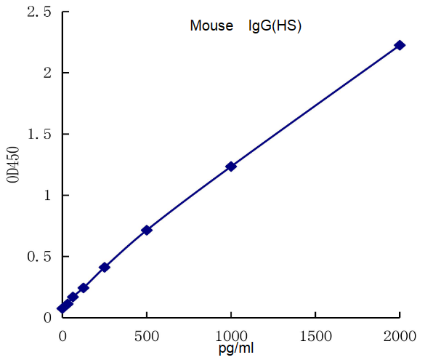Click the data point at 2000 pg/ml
pos(400,45)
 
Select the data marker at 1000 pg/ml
pos(231,167)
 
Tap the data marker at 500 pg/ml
pos(147,230)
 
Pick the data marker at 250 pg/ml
pos(105,268)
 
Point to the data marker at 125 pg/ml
pos(84,288)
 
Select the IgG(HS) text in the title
pos(275,26)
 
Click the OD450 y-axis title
pos(15,165)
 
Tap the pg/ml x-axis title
pos(236,348)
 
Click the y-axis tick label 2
pos(46,73)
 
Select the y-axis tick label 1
pos(46,196)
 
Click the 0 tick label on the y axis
pos(46,318)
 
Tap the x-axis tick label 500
pos(147,335)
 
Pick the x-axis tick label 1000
pos(231,335)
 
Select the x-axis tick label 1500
pos(315,335)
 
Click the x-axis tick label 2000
pos(400,335)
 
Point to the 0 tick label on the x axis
pos(62,335)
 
